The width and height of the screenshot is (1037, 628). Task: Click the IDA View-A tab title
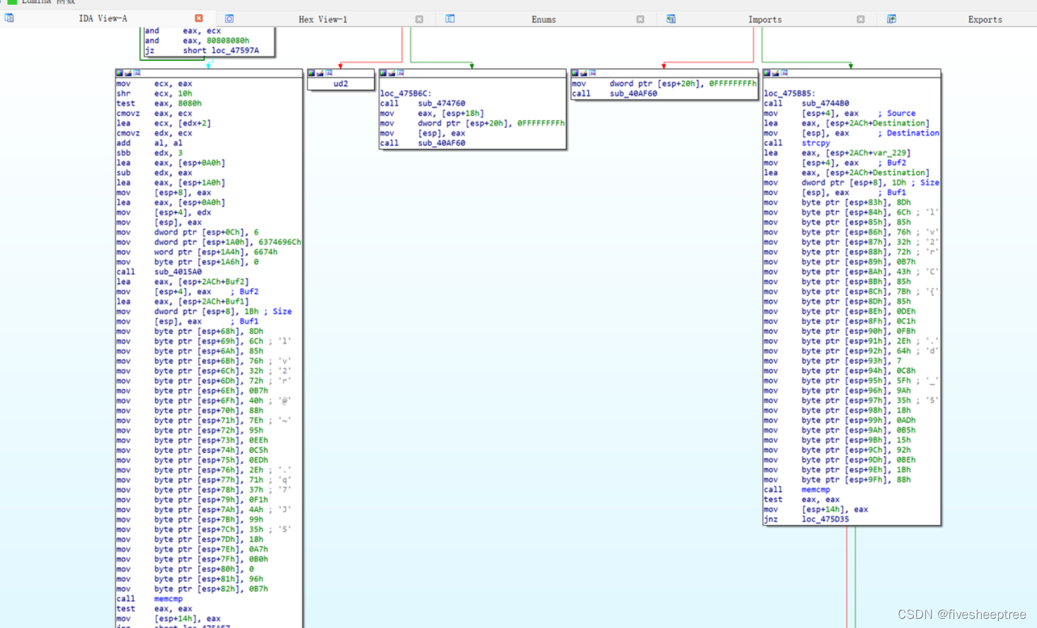coord(102,19)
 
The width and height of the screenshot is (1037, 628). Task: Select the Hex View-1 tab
coord(322,20)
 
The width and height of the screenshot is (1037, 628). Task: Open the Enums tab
coord(544,20)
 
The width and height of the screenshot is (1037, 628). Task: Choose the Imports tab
coord(765,20)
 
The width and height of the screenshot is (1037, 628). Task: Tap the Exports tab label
coord(985,20)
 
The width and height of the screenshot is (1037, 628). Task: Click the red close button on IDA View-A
coord(199,18)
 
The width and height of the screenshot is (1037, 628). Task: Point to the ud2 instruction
coord(341,83)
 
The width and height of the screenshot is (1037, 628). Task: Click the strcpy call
coord(815,143)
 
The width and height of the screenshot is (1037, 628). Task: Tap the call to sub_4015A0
coord(177,271)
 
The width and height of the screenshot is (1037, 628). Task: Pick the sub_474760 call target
coord(441,103)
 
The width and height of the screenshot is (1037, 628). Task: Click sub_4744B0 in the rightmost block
coord(825,103)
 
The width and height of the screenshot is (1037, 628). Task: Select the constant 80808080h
coord(228,40)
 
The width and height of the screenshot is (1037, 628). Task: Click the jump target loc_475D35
coord(825,519)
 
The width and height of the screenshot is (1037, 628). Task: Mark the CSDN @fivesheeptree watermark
coord(961,615)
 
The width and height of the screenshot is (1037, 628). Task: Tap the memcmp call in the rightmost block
coord(815,490)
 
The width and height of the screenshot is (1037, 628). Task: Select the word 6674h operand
coord(265,251)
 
